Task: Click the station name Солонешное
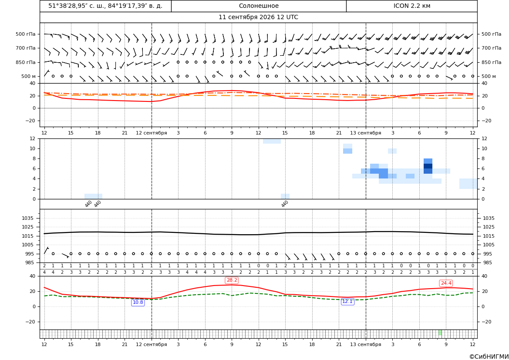point(259,6)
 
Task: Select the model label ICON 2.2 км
point(411,6)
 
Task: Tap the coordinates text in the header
point(105,6)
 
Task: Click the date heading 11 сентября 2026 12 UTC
point(258,17)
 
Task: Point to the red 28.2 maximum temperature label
point(232,280)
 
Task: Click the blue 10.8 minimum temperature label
point(138,302)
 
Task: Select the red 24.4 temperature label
point(446,283)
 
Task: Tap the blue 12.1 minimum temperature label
point(347,302)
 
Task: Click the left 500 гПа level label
point(25,34)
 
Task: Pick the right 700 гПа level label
point(492,48)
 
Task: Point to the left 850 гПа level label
point(25,62)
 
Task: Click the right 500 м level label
point(489,76)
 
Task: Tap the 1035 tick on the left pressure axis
point(29,218)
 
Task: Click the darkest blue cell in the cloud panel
point(428,166)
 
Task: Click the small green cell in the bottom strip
point(440,333)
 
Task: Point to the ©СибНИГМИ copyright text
point(489,357)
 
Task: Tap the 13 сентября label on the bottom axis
point(365,344)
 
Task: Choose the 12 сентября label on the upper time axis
point(151,133)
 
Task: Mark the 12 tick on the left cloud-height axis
point(33,138)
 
